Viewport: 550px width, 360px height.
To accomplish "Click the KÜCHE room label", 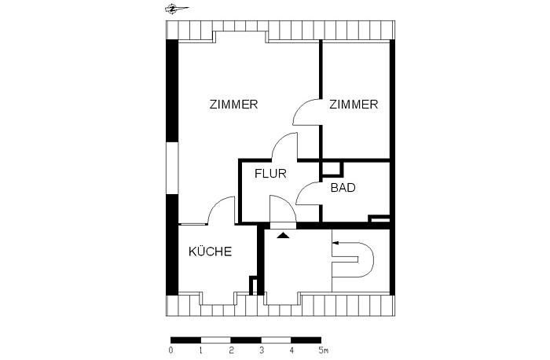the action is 210,252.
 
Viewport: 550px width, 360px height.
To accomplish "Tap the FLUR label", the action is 270,174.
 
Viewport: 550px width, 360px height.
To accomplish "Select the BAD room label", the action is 343,188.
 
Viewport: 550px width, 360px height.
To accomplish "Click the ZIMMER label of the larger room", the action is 233,105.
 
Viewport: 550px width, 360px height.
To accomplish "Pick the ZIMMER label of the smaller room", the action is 354,105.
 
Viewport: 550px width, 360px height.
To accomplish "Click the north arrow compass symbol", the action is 177,9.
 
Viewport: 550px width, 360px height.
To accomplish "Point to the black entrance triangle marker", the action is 283,236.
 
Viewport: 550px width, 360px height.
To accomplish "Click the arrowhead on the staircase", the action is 335,243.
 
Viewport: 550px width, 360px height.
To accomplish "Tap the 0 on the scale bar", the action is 170,350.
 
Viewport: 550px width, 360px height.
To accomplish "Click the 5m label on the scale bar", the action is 324,350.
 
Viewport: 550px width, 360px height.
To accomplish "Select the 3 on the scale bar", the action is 262,350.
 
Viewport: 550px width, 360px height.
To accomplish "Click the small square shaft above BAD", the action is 332,168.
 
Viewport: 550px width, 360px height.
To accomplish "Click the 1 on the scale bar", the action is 200,350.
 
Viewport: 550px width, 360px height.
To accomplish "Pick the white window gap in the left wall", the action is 172,167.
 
